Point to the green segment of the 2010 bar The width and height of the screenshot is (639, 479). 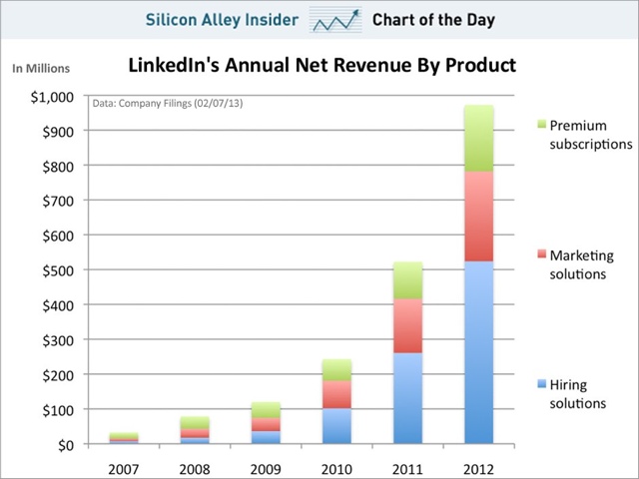pos(336,369)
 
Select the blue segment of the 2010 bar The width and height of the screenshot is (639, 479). pos(336,425)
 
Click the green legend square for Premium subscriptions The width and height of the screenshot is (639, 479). pos(542,126)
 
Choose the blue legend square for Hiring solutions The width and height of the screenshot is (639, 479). pos(542,385)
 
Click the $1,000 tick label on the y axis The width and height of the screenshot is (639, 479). pos(52,97)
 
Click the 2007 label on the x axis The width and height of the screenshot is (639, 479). pos(124,465)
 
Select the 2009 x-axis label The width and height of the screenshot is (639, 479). pos(266,465)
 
